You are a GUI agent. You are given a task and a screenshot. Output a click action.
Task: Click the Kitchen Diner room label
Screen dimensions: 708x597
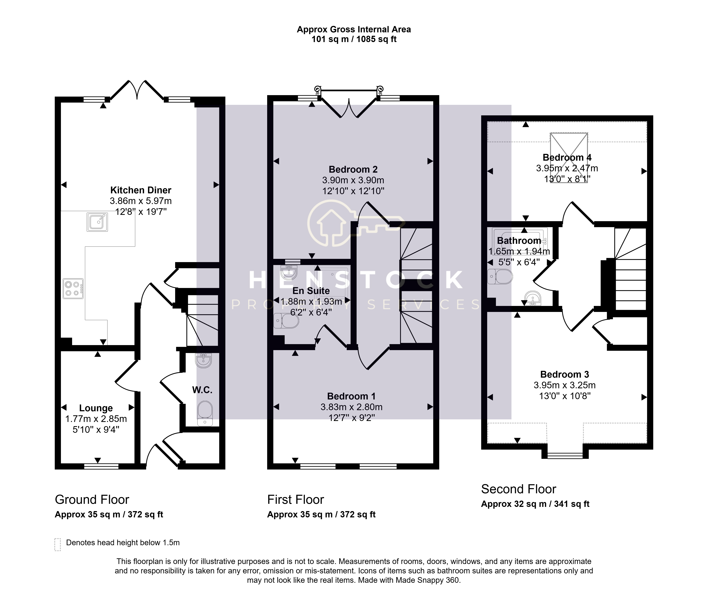point(141,190)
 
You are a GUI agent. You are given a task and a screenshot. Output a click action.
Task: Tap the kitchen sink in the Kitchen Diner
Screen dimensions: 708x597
point(97,222)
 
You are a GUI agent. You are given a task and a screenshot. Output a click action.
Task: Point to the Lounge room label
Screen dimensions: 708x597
point(96,408)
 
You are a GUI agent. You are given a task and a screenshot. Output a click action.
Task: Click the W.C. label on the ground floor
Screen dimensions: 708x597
point(202,390)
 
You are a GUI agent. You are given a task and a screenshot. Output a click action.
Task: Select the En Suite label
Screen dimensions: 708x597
point(311,291)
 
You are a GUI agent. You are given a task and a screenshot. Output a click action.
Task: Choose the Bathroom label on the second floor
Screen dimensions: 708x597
point(519,241)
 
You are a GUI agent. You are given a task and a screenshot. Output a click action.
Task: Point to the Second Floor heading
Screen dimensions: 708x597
point(519,489)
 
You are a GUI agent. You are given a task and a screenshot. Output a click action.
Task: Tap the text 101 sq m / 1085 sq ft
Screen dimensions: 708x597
point(354,39)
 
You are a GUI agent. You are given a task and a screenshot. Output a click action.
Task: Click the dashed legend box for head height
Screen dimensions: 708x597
point(58,545)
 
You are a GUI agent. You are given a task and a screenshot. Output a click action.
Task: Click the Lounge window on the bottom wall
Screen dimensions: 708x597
point(101,466)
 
